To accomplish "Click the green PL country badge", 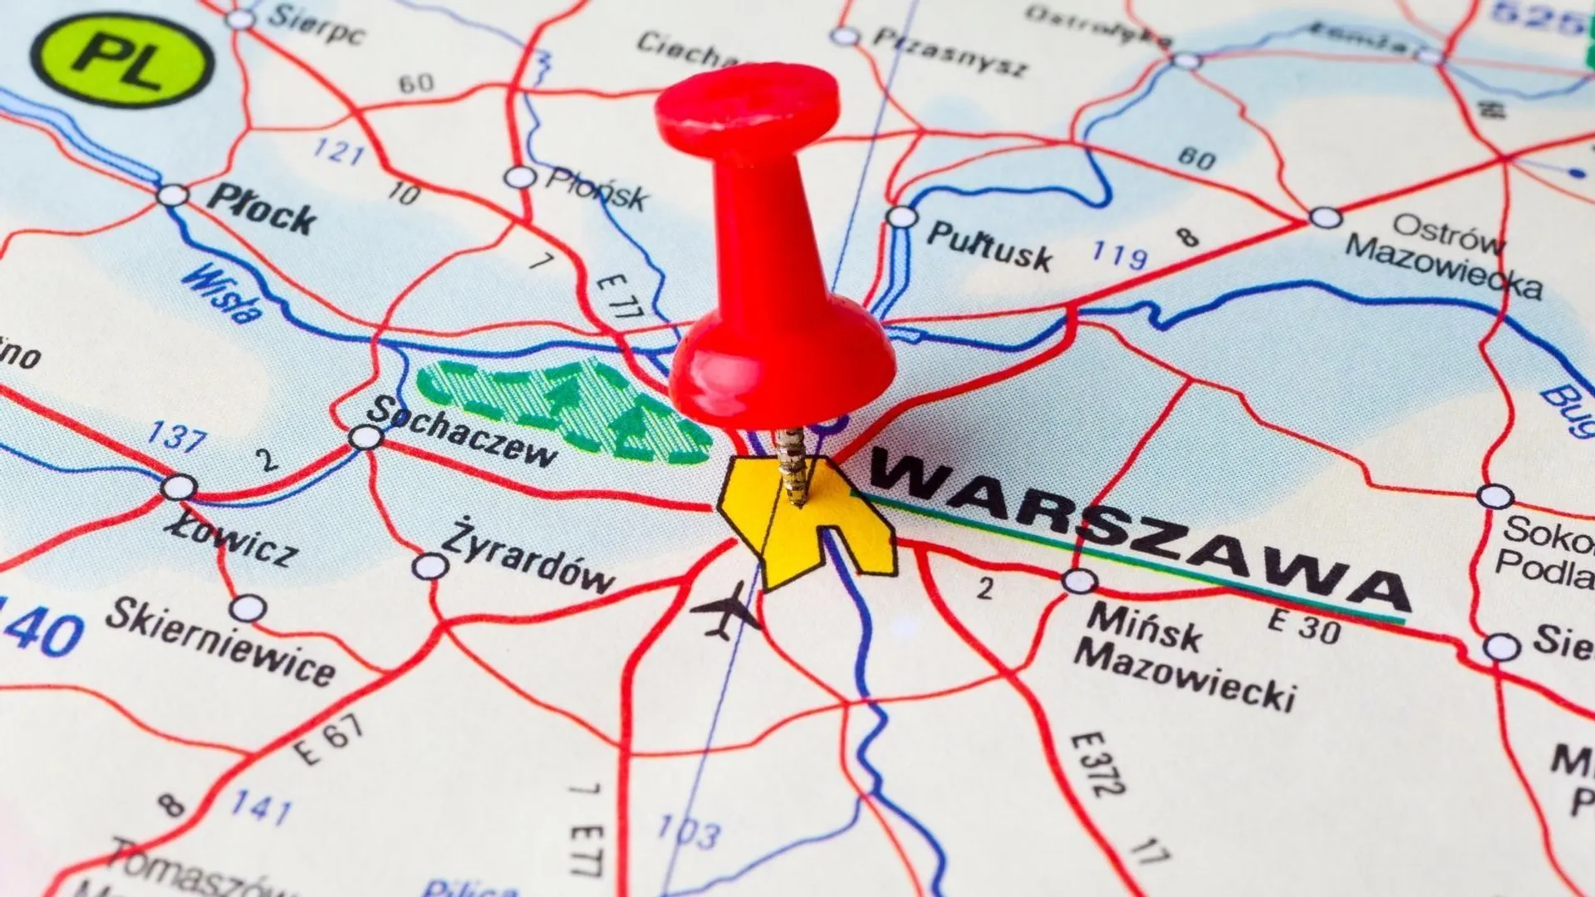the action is tap(122, 61).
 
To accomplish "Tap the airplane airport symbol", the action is tap(725, 610).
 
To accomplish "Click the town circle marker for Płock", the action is tap(173, 196).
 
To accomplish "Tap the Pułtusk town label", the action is tap(989, 246).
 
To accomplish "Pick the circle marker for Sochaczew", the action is tap(366, 437).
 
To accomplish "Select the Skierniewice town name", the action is tap(220, 642).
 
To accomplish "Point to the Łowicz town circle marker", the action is tap(179, 487).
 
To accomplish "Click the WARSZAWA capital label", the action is tap(1138, 532).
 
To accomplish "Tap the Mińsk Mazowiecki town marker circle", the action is tap(1079, 581).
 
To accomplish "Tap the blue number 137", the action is tap(176, 436).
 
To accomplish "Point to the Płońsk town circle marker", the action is tap(520, 177).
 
